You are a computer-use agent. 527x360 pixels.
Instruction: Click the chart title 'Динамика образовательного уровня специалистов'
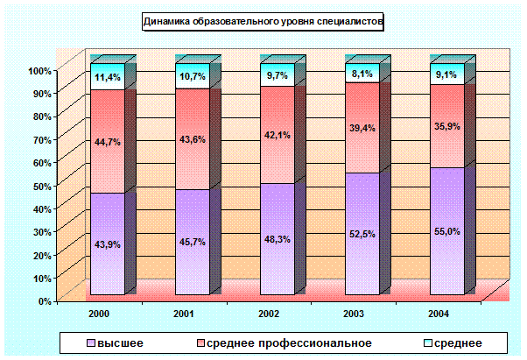263,24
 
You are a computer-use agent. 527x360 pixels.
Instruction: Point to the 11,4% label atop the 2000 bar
108,77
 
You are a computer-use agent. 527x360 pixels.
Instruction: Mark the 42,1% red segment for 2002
278,135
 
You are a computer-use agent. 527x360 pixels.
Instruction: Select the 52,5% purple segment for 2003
362,233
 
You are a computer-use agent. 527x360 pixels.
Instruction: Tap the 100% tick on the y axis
39,70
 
